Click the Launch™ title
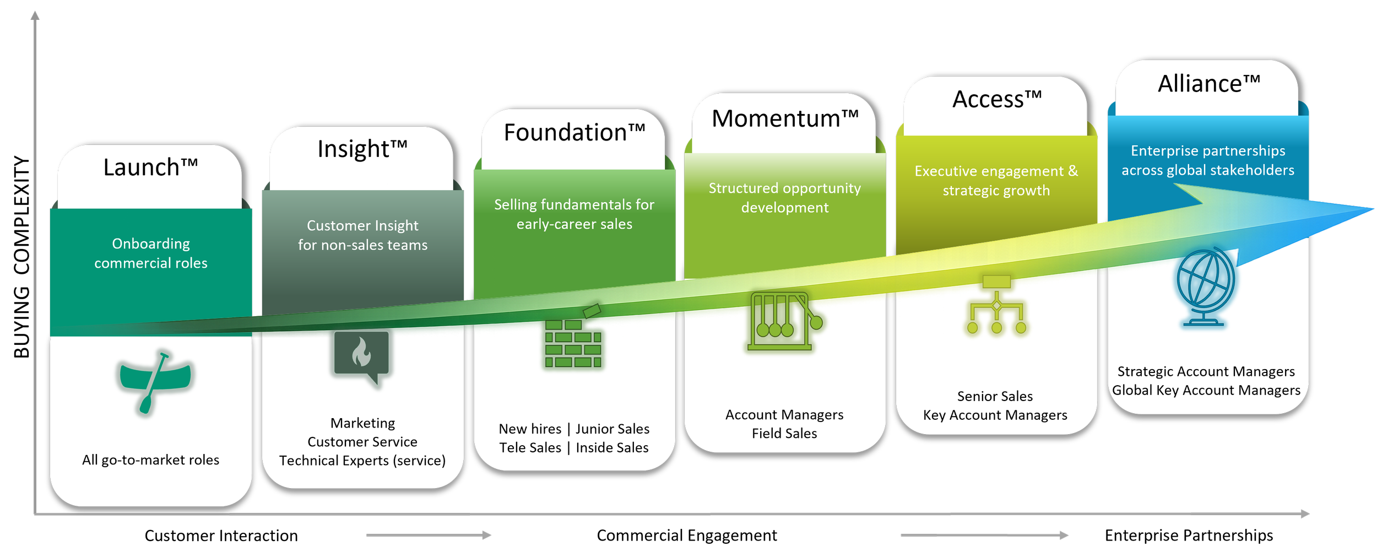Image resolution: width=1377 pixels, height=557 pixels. [x=150, y=167]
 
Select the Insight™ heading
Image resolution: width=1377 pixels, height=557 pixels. [x=362, y=149]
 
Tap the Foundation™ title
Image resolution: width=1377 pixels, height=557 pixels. [x=574, y=133]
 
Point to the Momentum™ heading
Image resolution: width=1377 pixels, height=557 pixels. [x=785, y=119]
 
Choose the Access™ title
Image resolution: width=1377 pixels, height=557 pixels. [x=997, y=100]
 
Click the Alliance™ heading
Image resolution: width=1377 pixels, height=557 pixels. [x=1208, y=84]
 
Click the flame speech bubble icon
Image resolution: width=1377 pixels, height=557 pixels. [x=361, y=356]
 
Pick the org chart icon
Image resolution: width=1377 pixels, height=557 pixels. [x=996, y=305]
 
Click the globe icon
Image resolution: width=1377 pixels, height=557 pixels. [x=1205, y=286]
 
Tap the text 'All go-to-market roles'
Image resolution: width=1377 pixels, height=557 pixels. [x=150, y=460]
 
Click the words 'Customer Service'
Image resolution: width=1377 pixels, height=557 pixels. [x=362, y=442]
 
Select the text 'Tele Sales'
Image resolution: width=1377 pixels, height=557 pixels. [x=530, y=448]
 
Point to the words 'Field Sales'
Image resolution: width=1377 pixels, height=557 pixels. [x=784, y=434]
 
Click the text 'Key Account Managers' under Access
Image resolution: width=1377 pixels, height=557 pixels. [x=995, y=415]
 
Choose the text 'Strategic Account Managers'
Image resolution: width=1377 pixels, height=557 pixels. [x=1206, y=372]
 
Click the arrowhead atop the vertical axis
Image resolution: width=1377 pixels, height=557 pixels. [x=35, y=15]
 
